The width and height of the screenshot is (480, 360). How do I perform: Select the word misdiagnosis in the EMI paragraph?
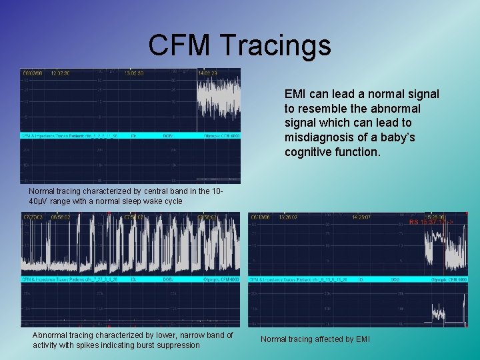[320, 137]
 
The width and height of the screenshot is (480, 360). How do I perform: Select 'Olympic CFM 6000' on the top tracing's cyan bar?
[221, 135]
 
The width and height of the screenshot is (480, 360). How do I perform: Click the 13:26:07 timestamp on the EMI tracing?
[289, 216]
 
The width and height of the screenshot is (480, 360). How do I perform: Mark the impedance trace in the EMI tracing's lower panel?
[439, 313]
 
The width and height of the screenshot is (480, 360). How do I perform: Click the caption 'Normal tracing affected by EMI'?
[315, 339]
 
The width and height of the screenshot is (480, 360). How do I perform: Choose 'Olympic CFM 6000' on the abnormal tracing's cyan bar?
[221, 279]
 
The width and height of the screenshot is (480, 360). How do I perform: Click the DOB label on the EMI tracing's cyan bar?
[395, 279]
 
